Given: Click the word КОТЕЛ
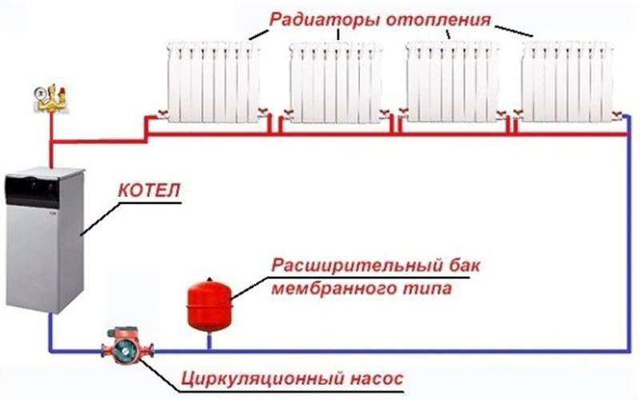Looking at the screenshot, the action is coord(149,190).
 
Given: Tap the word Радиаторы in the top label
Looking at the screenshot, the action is coord(325,19).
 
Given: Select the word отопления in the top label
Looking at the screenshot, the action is coord(438,19).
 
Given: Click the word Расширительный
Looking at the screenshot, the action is coord(357,266).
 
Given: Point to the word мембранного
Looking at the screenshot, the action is coord(334,289).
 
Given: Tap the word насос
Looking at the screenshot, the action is coord(376,378).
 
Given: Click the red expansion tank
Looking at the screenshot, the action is coord(210,304).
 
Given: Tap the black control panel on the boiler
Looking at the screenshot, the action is coord(32,190).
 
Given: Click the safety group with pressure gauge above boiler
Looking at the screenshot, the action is coord(50,98).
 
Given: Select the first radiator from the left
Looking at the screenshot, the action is coord(214,82).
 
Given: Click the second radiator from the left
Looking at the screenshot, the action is coord(335,82).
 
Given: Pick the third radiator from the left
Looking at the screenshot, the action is coord(452,82).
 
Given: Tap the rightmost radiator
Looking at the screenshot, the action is coord(568,82).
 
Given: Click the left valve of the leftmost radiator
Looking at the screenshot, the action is coord(162,114).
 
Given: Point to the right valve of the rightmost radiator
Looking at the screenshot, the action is coord(617,114).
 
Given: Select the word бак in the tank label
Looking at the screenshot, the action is coord(465,266).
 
